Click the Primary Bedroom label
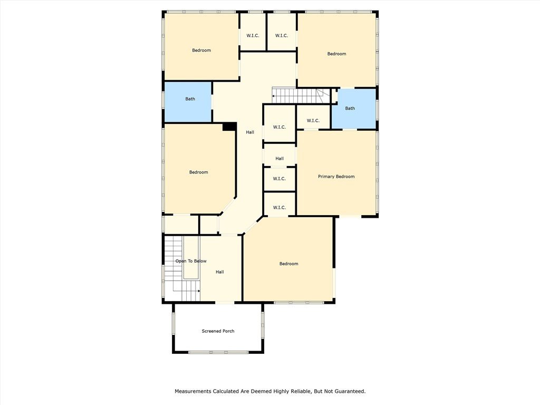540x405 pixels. tap(336, 177)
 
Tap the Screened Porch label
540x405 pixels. tap(218, 331)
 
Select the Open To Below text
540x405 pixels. tap(191, 261)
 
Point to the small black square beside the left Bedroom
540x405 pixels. tap(229, 127)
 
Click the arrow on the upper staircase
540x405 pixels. tap(274, 96)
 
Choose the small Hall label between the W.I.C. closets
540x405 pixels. tap(279, 159)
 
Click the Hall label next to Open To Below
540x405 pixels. tap(220, 272)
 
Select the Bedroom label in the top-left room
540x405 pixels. tap(201, 51)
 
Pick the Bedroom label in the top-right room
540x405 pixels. tap(336, 54)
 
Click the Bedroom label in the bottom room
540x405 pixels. tap(288, 264)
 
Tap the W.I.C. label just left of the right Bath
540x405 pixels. tap(313, 121)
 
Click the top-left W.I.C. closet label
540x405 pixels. tap(252, 36)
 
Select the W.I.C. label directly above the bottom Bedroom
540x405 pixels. tap(279, 207)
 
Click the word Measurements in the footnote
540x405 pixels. tap(193, 391)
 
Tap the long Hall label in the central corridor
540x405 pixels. tap(250, 132)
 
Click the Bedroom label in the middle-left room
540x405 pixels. tap(198, 172)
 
